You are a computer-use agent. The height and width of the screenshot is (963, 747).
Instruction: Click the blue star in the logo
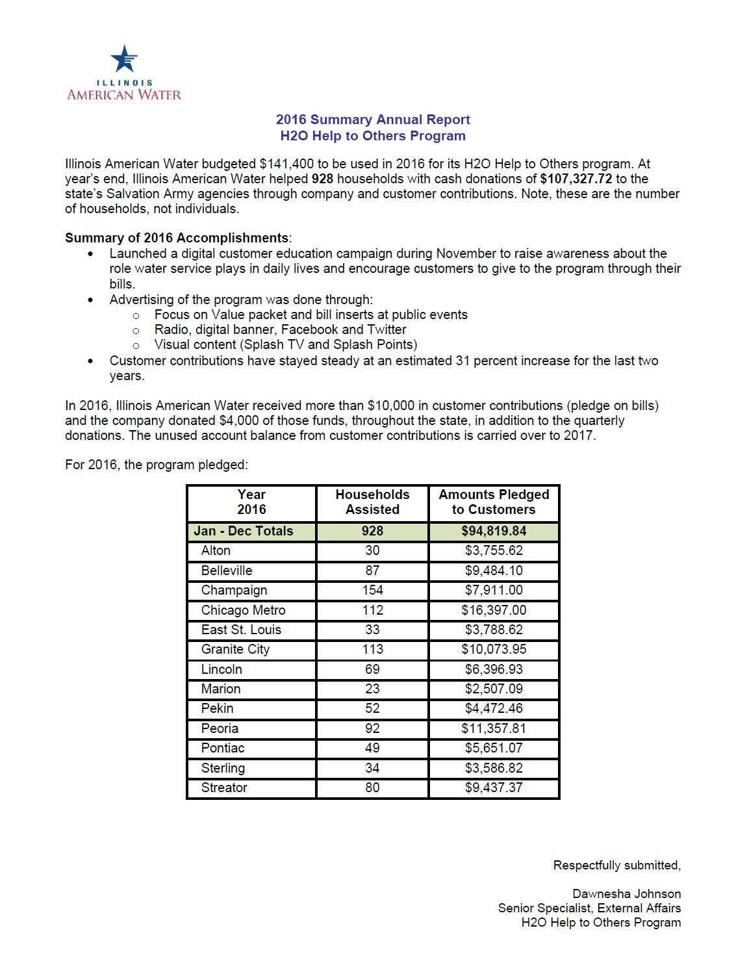coord(124,58)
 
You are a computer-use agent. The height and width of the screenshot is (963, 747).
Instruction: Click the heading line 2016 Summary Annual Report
coord(373,120)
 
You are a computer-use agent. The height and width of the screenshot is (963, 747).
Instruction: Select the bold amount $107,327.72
coord(576,179)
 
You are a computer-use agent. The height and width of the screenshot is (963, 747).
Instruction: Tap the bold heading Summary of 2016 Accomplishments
coord(177,238)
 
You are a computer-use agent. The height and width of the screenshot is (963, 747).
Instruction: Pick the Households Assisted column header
coord(372,502)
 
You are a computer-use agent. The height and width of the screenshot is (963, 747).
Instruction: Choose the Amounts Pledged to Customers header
coord(494,502)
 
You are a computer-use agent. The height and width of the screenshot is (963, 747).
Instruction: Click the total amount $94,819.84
coord(494,531)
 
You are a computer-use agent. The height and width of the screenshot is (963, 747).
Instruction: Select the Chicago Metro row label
coord(243,610)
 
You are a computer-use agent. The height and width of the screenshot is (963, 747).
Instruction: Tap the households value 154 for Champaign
coord(372,590)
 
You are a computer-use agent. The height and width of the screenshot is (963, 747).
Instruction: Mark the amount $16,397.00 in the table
coord(494,610)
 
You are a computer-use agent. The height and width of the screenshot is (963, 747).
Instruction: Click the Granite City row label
coord(235,649)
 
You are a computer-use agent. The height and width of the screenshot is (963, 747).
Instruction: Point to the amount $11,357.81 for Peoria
coord(494,728)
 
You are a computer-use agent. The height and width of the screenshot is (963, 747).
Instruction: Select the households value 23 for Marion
coord(372,689)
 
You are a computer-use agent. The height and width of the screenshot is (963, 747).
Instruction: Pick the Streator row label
coord(224,788)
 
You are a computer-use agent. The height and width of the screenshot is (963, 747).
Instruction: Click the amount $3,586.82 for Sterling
coord(494,768)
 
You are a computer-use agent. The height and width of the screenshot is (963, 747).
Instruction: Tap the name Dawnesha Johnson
coord(626,894)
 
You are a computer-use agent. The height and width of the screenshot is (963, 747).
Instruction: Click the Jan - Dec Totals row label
coord(244,531)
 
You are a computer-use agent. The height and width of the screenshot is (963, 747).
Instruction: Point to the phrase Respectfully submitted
coord(616,866)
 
